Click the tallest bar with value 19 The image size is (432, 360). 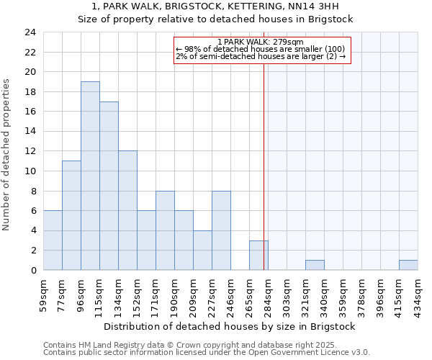pos(90,176)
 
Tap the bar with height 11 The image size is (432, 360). pos(71,215)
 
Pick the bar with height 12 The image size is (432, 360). pos(127,210)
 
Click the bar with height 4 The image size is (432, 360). pos(202,251)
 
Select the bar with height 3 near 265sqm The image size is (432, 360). pos(258,256)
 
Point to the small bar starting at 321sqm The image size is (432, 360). pos(315,265)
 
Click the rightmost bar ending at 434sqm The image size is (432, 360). pos(408,265)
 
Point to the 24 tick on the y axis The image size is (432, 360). pos(30,32)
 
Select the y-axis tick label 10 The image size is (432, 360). pos(30,171)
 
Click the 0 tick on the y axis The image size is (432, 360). pos(33,271)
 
